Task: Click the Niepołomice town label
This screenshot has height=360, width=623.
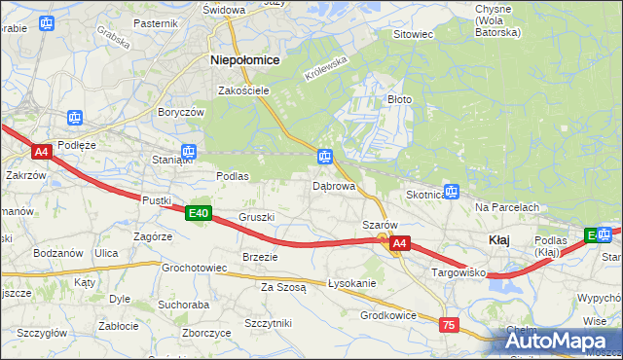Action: tap(245, 60)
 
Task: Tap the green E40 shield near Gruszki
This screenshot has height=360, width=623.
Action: tap(199, 213)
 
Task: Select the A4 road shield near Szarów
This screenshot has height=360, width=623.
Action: tap(400, 246)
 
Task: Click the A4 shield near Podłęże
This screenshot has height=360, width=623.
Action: tap(41, 152)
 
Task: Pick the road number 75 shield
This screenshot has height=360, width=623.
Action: tap(448, 326)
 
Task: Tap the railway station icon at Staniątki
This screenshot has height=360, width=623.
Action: tap(189, 152)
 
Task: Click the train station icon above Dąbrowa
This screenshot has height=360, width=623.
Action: tap(325, 157)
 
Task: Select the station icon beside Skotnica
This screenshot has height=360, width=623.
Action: tap(451, 192)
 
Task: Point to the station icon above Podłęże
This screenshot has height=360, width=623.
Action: tap(75, 119)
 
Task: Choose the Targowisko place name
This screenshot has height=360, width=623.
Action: tap(459, 275)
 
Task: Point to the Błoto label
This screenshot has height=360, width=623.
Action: tap(399, 99)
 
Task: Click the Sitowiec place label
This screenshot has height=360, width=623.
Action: tap(412, 34)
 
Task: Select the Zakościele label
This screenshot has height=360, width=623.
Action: tap(243, 90)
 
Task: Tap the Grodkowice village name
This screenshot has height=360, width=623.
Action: tap(388, 315)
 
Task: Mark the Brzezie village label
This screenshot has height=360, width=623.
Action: tap(260, 257)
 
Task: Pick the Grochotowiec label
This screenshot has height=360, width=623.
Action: tap(194, 268)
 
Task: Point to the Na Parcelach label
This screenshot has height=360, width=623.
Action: tap(507, 208)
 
